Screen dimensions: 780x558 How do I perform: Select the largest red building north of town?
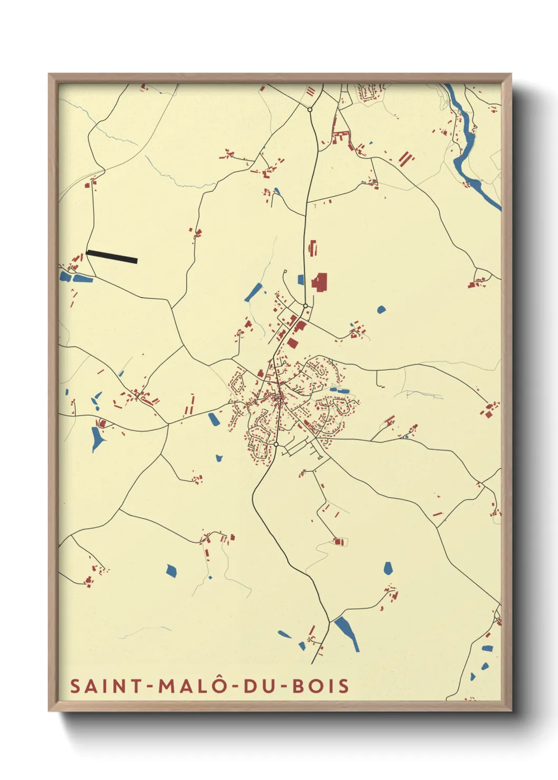tap(320, 282)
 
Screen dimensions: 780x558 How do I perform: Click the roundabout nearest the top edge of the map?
tap(310, 110)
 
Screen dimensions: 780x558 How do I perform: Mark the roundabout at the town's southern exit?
tap(275, 444)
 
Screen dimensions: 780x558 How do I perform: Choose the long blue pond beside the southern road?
tap(347, 633)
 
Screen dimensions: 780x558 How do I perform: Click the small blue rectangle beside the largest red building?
tap(301, 280)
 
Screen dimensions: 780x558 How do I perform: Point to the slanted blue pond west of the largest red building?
tap(254, 292)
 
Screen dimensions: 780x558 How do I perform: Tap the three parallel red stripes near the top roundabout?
tap(311, 92)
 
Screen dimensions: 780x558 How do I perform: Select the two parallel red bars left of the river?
tap(405, 158)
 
